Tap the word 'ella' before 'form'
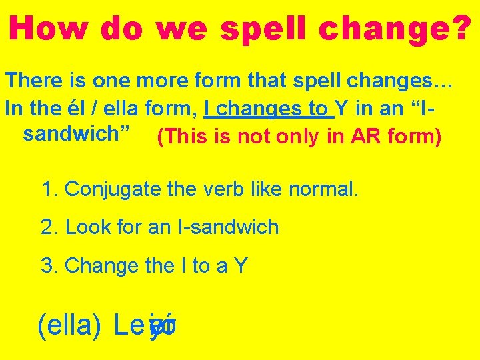click(x=115, y=108)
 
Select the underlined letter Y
click(x=340, y=108)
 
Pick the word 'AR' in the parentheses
click(x=367, y=137)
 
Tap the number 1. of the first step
click(x=49, y=189)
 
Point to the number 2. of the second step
click(x=49, y=227)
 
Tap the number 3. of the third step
click(x=49, y=266)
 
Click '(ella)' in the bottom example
click(x=70, y=326)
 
